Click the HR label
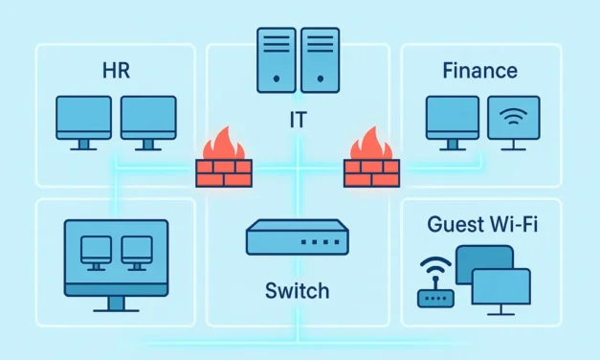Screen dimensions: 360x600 point(115,71)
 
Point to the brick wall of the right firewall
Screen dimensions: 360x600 point(369,172)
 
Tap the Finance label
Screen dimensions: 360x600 point(480,70)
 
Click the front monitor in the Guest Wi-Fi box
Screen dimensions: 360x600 point(500,286)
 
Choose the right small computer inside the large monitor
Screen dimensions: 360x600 point(138,252)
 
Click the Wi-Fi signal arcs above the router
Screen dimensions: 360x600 point(435,264)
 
